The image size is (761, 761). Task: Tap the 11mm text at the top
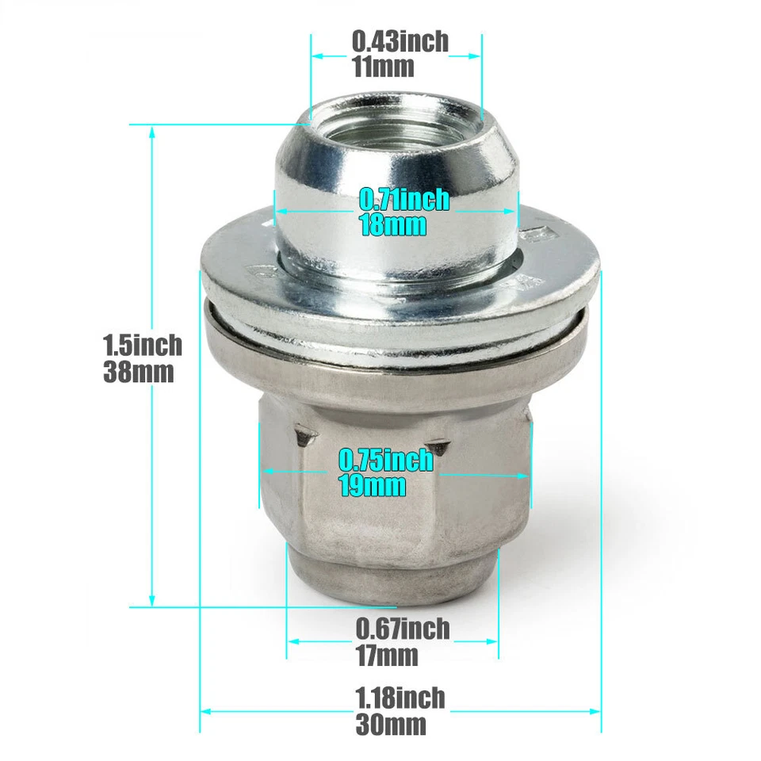coord(383,67)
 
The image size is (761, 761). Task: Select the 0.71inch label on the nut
coord(404,199)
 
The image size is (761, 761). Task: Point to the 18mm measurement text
coord(392,224)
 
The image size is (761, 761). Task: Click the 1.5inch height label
coord(142,345)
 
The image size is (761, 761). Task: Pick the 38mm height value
coord(138,371)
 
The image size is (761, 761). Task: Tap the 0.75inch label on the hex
coord(386,460)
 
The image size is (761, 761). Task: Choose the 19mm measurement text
coord(373,485)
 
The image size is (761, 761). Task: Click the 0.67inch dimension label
coord(403,629)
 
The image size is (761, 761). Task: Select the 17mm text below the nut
coord(386,656)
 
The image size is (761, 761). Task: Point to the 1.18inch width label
coord(400,698)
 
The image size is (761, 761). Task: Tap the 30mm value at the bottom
coord(391,725)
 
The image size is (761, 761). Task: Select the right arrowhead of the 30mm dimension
coord(597,711)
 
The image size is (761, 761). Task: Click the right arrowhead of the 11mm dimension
coord(476,55)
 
